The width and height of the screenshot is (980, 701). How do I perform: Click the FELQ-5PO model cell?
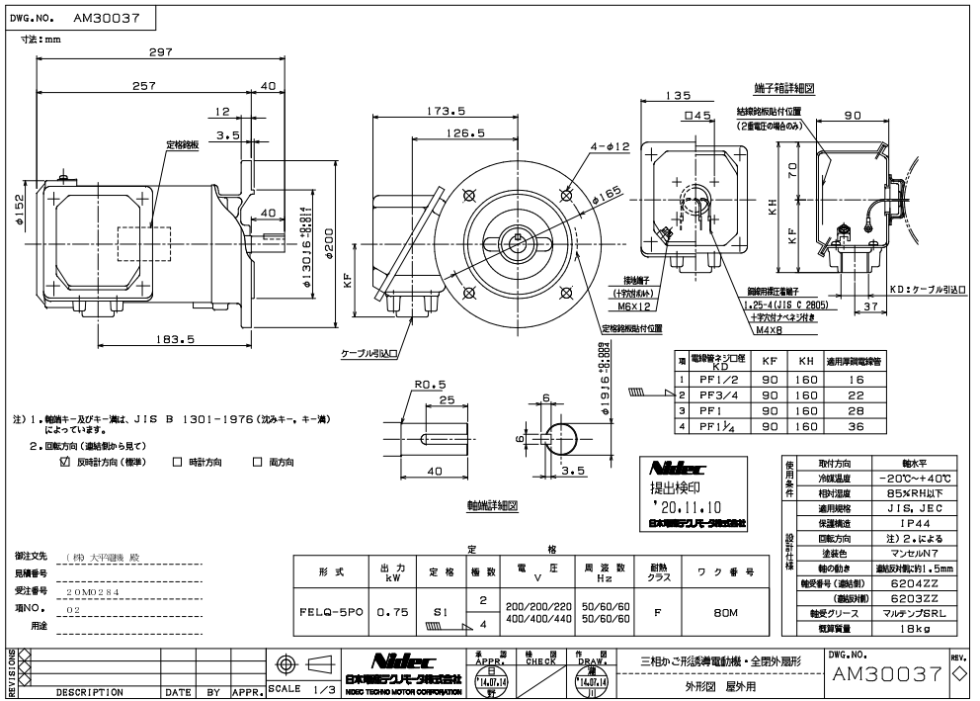(x=331, y=612)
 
